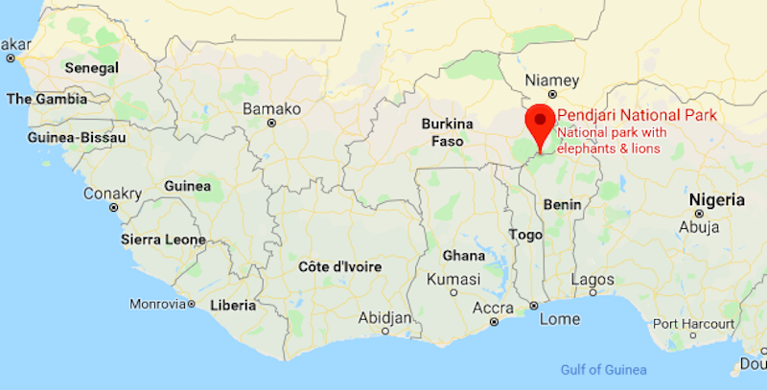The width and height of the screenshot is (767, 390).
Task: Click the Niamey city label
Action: click(x=553, y=80)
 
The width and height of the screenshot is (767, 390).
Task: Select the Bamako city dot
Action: click(x=272, y=124)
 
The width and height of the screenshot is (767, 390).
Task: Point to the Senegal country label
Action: click(x=90, y=68)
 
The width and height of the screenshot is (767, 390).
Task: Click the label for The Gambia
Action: click(x=46, y=99)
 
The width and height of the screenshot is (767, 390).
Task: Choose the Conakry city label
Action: click(x=112, y=194)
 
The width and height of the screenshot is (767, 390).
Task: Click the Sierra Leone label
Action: click(x=163, y=239)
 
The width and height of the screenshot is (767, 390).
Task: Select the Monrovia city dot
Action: click(x=191, y=305)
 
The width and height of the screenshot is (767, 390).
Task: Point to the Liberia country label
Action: click(x=232, y=306)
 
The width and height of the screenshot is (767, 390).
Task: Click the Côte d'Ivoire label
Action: click(x=340, y=266)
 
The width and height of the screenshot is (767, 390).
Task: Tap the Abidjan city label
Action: click(x=384, y=317)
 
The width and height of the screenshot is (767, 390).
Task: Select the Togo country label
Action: click(x=525, y=234)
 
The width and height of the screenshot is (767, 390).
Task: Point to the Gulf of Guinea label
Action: click(x=603, y=370)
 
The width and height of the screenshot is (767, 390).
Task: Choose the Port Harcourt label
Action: click(x=687, y=322)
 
